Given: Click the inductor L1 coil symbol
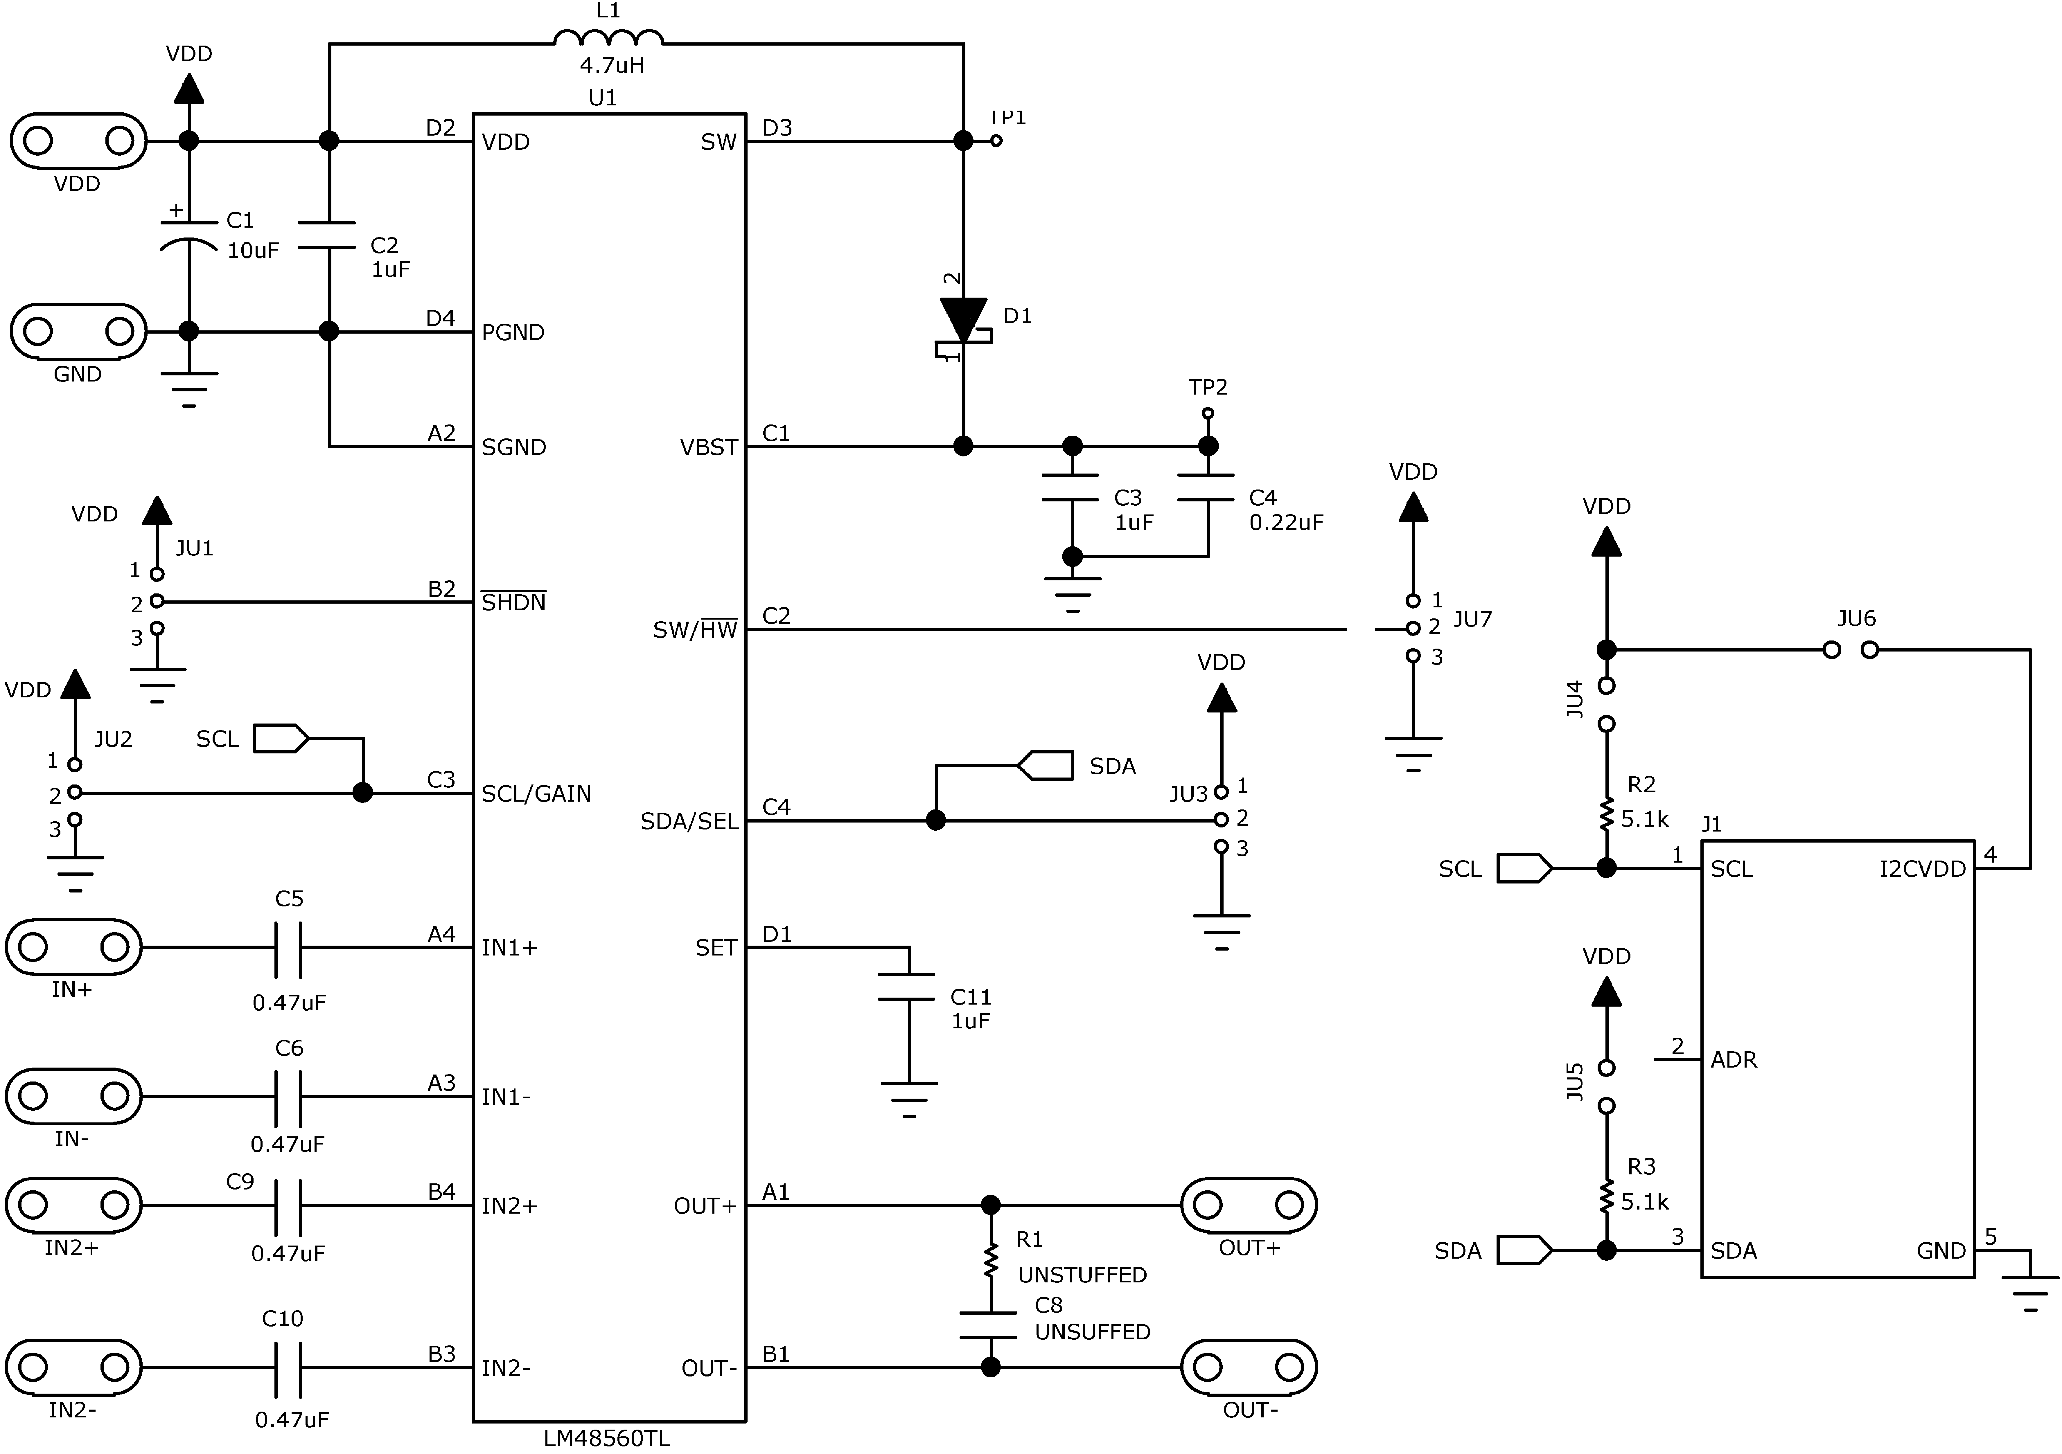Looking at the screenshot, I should tap(609, 38).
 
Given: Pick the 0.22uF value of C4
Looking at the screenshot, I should tap(1286, 523).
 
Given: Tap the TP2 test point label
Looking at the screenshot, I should tap(1208, 387).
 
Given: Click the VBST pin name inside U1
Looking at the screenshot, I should tap(709, 447).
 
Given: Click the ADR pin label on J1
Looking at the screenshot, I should tap(1733, 1060).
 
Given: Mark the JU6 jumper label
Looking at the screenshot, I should tap(1856, 619).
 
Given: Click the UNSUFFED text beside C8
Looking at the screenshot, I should tap(1092, 1332).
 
